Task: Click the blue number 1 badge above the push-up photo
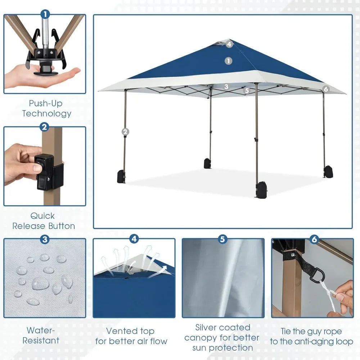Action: click(45, 14)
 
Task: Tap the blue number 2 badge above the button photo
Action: click(45, 127)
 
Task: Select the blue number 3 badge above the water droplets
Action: click(45, 239)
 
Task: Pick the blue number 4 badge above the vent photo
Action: click(134, 239)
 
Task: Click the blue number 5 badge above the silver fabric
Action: click(223, 239)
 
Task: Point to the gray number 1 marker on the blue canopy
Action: click(228, 61)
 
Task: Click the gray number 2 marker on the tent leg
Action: click(125, 131)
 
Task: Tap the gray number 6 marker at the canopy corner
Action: click(325, 89)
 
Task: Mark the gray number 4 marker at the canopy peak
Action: click(229, 45)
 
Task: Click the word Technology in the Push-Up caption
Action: click(47, 114)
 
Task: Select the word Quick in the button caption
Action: click(42, 216)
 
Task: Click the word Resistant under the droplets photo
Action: click(41, 340)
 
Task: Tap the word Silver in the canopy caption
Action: click(207, 328)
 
